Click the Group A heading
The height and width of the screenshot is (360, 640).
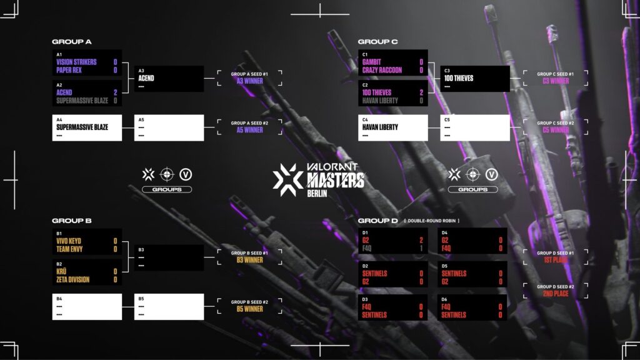click(72, 42)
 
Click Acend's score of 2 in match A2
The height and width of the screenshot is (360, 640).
click(115, 92)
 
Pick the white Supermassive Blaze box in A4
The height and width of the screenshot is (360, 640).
click(87, 127)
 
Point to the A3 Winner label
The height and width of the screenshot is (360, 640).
click(249, 81)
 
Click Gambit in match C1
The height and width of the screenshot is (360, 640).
click(371, 62)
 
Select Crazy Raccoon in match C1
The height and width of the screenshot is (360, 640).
click(382, 70)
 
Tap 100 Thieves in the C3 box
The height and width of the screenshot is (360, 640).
click(459, 79)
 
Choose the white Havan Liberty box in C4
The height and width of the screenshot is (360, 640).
click(393, 127)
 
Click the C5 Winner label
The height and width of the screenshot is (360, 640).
click(556, 131)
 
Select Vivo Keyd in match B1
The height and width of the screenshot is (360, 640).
click(69, 241)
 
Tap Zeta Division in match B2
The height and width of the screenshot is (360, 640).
click(72, 279)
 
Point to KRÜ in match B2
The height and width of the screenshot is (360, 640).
click(62, 272)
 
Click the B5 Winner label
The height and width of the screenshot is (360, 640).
click(249, 309)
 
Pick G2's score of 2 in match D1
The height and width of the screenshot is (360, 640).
click(421, 241)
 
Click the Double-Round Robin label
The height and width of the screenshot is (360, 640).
click(431, 221)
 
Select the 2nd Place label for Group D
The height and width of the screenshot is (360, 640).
click(556, 294)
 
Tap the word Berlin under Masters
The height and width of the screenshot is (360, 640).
click(317, 193)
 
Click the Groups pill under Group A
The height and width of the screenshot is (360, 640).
click(167, 189)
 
